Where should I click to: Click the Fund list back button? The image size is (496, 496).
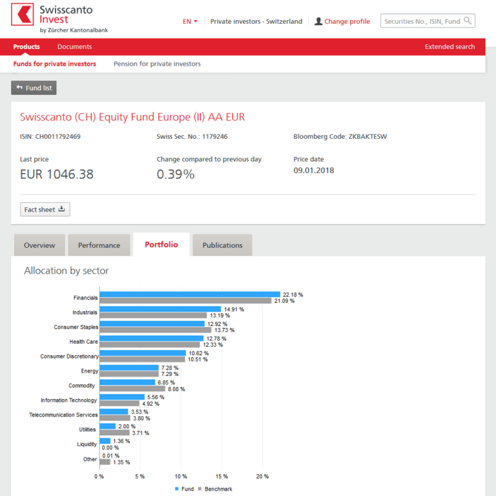(x=34, y=88)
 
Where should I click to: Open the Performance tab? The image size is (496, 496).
(x=99, y=245)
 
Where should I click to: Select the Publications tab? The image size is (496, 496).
(x=222, y=245)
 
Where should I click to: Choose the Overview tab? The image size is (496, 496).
(x=39, y=245)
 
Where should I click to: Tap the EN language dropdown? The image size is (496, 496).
(x=190, y=21)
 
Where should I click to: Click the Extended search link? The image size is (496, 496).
(x=449, y=46)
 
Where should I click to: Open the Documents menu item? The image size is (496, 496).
(x=75, y=46)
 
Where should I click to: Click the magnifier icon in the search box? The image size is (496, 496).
(x=467, y=21)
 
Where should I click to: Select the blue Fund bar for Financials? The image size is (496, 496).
(x=190, y=294)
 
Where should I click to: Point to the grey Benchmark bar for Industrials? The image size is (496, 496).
(x=153, y=315)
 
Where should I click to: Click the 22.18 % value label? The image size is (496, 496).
(x=293, y=294)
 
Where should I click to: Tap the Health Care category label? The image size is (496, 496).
(x=83, y=342)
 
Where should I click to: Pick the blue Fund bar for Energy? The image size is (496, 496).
(x=129, y=367)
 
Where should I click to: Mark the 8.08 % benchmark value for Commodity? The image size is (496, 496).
(x=176, y=389)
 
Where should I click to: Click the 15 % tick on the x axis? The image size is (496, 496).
(x=222, y=477)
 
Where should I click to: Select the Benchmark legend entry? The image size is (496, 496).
(x=215, y=489)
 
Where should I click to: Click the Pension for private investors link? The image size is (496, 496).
(x=157, y=64)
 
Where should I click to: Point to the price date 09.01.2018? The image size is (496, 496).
(x=313, y=170)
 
